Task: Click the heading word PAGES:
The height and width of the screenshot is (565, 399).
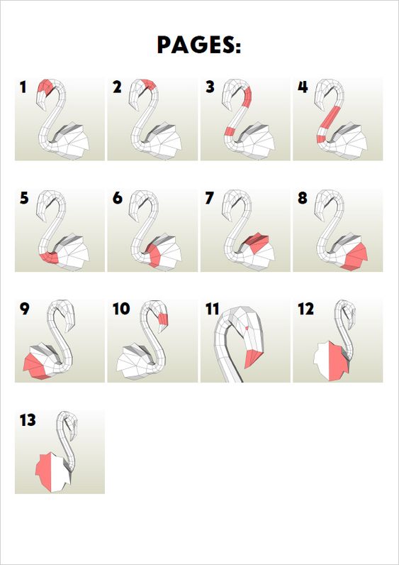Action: pyautogui.click(x=199, y=45)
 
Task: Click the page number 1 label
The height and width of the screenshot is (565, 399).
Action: pyautogui.click(x=23, y=87)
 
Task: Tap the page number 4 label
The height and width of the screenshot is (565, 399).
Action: pyautogui.click(x=303, y=87)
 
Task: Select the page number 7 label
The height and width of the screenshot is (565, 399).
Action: pyautogui.click(x=209, y=198)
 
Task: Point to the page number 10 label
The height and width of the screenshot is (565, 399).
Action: pyautogui.click(x=121, y=309)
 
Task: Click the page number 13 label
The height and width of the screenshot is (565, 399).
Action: pyautogui.click(x=28, y=420)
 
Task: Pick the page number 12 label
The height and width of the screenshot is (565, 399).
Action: pyautogui.click(x=306, y=309)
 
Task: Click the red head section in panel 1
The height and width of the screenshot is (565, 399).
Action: pyautogui.click(x=45, y=87)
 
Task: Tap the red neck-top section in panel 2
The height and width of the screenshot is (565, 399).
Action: pyautogui.click(x=150, y=84)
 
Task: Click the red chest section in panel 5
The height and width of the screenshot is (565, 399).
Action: pyautogui.click(x=50, y=258)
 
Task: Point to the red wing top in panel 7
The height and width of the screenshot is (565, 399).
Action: pyautogui.click(x=257, y=242)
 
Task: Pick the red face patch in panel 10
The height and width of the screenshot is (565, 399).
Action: pyautogui.click(x=163, y=319)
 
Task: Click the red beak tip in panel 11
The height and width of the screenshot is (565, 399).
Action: pyautogui.click(x=254, y=358)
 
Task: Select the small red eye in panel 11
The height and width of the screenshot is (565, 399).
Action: pyautogui.click(x=247, y=328)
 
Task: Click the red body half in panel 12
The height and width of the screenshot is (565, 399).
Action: pyautogui.click(x=338, y=362)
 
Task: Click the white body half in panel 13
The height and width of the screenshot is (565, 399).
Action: pyautogui.click(x=60, y=472)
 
